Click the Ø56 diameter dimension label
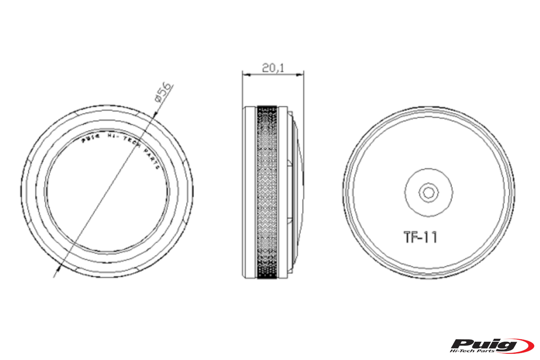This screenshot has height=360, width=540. [x=164, y=93]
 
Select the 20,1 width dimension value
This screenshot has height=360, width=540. [x=273, y=68]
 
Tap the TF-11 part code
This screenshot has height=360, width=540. [x=420, y=237]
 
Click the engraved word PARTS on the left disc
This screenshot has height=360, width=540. [x=152, y=159]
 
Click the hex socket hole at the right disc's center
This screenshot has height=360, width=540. [x=428, y=193]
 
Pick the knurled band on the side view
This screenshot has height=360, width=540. [x=267, y=192]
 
